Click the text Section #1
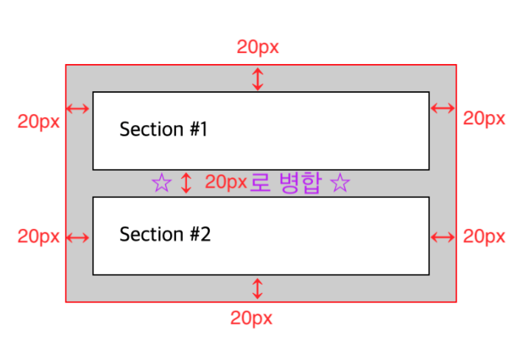tap(163, 130)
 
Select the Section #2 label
tap(165, 235)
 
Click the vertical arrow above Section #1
tap(257, 79)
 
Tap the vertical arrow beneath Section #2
tap(257, 288)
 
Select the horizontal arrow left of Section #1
tap(78, 109)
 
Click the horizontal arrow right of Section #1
tap(443, 108)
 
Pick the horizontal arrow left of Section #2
tap(78, 237)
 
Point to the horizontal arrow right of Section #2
tap(443, 237)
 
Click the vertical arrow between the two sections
tap(186, 183)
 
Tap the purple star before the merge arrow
tap(161, 183)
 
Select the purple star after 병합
tap(340, 183)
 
